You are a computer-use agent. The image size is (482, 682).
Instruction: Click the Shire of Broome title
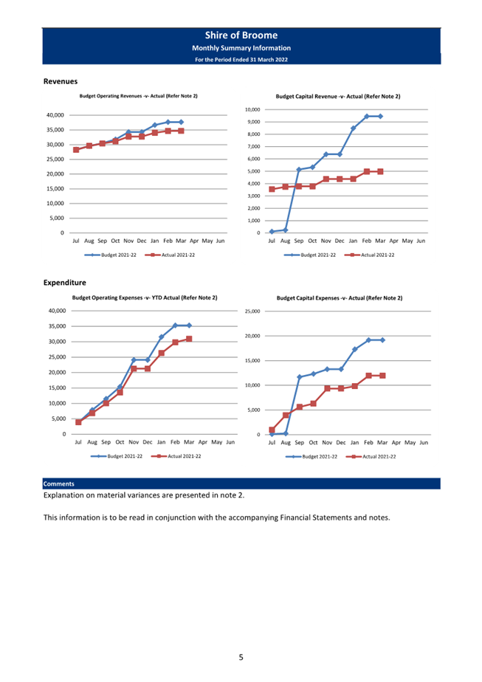[241, 35]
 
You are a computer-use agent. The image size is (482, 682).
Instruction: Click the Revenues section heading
[61, 81]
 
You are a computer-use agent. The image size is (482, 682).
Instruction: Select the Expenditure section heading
[65, 283]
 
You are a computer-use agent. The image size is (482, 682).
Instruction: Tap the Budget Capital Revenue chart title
[338, 97]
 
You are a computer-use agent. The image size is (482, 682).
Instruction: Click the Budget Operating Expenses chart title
[145, 298]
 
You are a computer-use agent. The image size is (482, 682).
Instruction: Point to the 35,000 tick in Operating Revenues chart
[55, 130]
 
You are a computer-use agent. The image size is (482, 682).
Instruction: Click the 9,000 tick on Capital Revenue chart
[252, 122]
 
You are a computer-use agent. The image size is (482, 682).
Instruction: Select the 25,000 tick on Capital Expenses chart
[252, 311]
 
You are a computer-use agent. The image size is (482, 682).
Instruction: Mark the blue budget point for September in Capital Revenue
[299, 170]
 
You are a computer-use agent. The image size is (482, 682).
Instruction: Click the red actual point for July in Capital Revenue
[272, 189]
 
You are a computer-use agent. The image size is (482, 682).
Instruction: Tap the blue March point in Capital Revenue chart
[380, 116]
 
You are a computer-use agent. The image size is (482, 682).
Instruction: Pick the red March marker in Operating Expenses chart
[189, 339]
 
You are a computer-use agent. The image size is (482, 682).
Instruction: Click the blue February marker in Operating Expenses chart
[175, 325]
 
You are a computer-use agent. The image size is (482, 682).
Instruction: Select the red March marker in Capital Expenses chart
[382, 376]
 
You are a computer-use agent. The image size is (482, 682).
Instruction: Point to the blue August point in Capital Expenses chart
[286, 434]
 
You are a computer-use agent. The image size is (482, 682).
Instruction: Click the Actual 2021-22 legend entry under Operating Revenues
[170, 255]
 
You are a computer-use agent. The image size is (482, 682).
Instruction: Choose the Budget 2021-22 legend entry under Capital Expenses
[311, 457]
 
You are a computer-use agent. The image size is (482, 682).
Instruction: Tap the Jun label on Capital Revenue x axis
[421, 241]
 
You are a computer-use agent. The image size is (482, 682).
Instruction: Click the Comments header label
[59, 483]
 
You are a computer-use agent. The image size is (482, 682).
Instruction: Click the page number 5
[241, 657]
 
